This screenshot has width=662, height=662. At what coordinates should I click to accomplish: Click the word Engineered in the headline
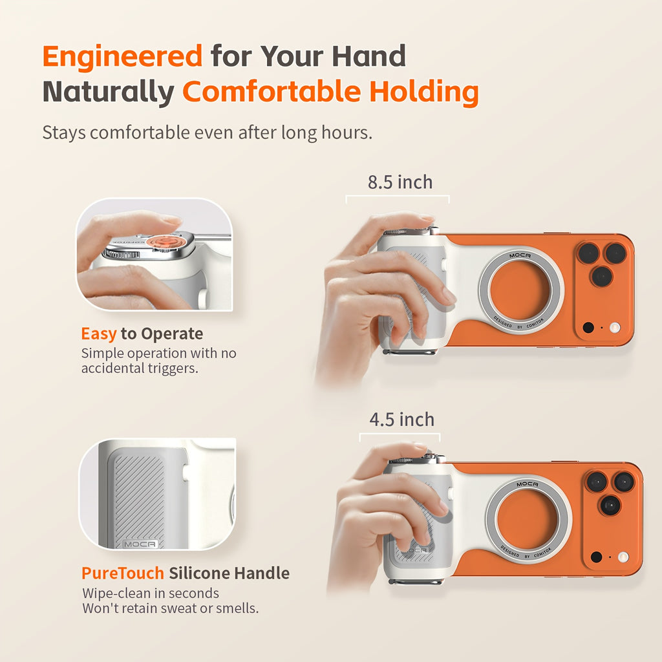[x=122, y=57]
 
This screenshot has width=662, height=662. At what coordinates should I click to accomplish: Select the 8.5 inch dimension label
[x=400, y=182]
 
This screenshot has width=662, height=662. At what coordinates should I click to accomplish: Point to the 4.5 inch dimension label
[x=401, y=420]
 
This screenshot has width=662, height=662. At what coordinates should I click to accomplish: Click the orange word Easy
[x=99, y=334]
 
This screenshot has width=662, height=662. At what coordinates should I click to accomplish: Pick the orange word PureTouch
[x=122, y=573]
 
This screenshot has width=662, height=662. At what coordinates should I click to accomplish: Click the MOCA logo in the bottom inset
[x=140, y=544]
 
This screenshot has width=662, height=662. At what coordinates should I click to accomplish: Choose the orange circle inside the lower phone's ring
[x=528, y=519]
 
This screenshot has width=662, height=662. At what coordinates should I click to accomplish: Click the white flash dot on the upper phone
[x=614, y=328]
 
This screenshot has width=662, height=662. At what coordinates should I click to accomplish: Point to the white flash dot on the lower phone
[x=623, y=557]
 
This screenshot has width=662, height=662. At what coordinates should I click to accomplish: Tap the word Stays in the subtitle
[x=64, y=133]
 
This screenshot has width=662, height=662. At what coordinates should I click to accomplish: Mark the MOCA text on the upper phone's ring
[x=520, y=255]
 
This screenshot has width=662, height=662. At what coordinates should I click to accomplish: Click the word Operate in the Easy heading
[x=171, y=334]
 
